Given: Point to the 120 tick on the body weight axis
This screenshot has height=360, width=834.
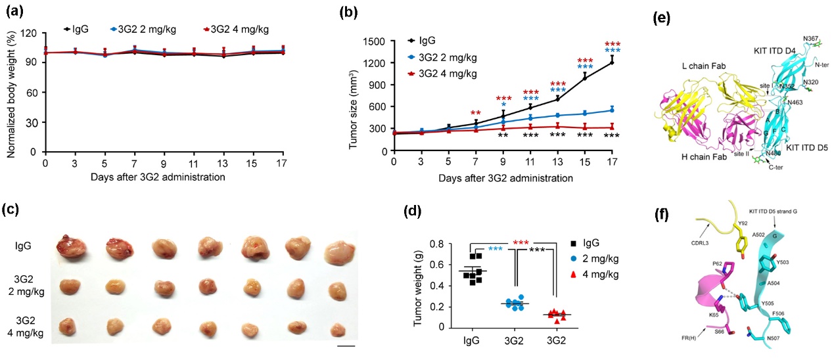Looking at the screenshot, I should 32,32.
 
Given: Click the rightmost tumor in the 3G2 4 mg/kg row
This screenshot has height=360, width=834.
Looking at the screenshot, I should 337,327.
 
